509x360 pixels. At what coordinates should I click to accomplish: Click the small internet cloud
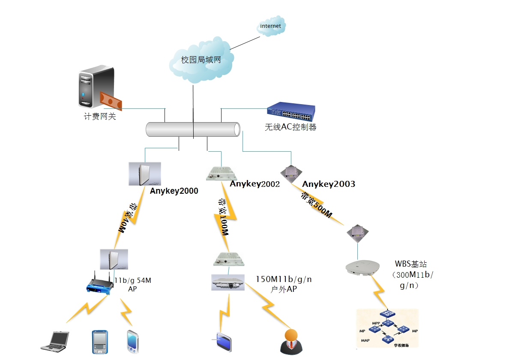point(271,27)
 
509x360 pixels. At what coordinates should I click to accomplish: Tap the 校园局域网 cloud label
point(201,60)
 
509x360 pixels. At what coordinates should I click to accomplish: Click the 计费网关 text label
point(100,116)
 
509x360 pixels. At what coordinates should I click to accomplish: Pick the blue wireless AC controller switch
point(291,112)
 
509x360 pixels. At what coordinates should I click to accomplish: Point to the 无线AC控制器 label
point(290,127)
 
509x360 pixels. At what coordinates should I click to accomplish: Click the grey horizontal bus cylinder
point(193,129)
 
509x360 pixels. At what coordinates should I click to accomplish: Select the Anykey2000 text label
point(174,191)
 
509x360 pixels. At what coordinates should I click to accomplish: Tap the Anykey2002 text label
point(254,184)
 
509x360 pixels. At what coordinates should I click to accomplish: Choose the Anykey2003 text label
point(329,184)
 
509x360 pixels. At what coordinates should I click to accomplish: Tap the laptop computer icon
point(55,341)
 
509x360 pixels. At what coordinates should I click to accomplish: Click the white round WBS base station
point(363,267)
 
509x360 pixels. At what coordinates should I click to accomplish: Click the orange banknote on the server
point(111,102)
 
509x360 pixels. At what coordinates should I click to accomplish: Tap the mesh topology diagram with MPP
point(387,328)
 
